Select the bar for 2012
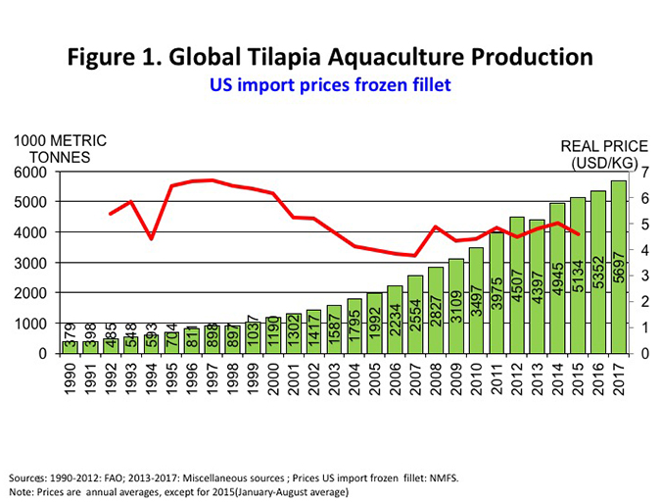coord(517,285)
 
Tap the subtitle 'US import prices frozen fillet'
coord(330,85)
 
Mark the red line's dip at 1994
coord(151,238)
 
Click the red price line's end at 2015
coord(578,234)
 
